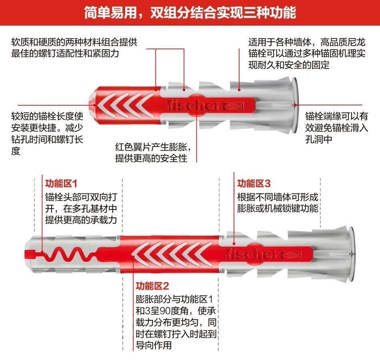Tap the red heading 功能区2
152,286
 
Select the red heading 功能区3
254,184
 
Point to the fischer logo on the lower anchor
252,254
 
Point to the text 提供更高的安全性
151,158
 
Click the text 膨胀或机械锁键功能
278,209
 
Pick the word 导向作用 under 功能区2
154,345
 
